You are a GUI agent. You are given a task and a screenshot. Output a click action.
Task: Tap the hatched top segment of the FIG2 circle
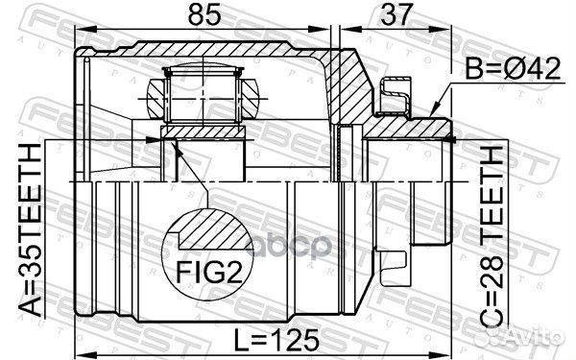(206, 228)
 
